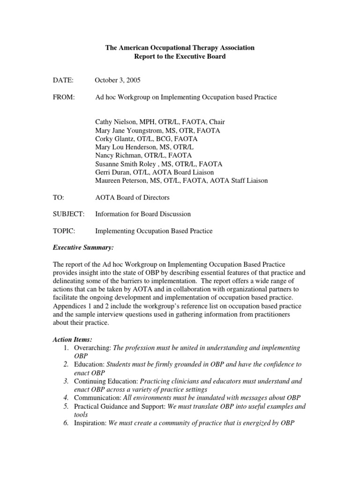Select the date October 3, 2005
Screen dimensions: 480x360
[x=118, y=80]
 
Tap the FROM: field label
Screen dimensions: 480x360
[x=64, y=97]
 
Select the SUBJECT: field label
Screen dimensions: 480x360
[x=68, y=214]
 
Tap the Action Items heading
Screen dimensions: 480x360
[x=72, y=339]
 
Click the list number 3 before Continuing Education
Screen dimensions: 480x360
[x=66, y=381]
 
